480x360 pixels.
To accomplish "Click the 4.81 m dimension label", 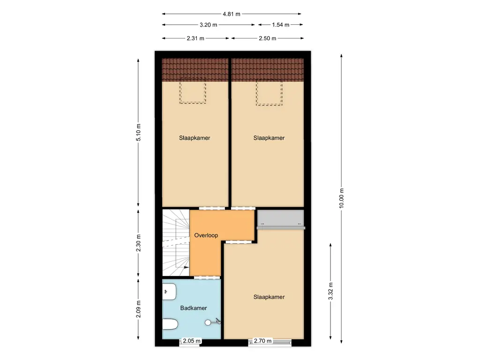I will tap(232, 14).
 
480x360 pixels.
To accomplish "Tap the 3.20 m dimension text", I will tap(208, 25).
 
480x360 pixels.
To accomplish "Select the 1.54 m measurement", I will tap(280, 25).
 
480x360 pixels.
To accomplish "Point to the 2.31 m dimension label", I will tap(195, 38).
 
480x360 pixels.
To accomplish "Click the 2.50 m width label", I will tap(267, 38).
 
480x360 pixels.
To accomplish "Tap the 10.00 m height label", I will tap(342, 199).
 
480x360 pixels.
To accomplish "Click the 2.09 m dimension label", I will tap(138, 309).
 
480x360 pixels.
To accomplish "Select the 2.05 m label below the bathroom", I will tap(192, 341).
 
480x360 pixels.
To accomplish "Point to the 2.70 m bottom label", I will tap(262, 341).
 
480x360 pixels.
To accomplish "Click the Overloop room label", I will tap(206, 235).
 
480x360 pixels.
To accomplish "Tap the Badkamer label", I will tap(194, 308).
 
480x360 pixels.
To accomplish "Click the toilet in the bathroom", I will tap(170, 324).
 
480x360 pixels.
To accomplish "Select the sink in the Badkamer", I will tap(169, 292).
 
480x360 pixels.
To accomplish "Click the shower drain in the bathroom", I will tap(208, 322).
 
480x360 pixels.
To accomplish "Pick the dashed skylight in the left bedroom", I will tap(193, 90).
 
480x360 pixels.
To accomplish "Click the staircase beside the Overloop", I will tap(175, 243).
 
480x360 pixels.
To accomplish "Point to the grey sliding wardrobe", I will tap(280, 219).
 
